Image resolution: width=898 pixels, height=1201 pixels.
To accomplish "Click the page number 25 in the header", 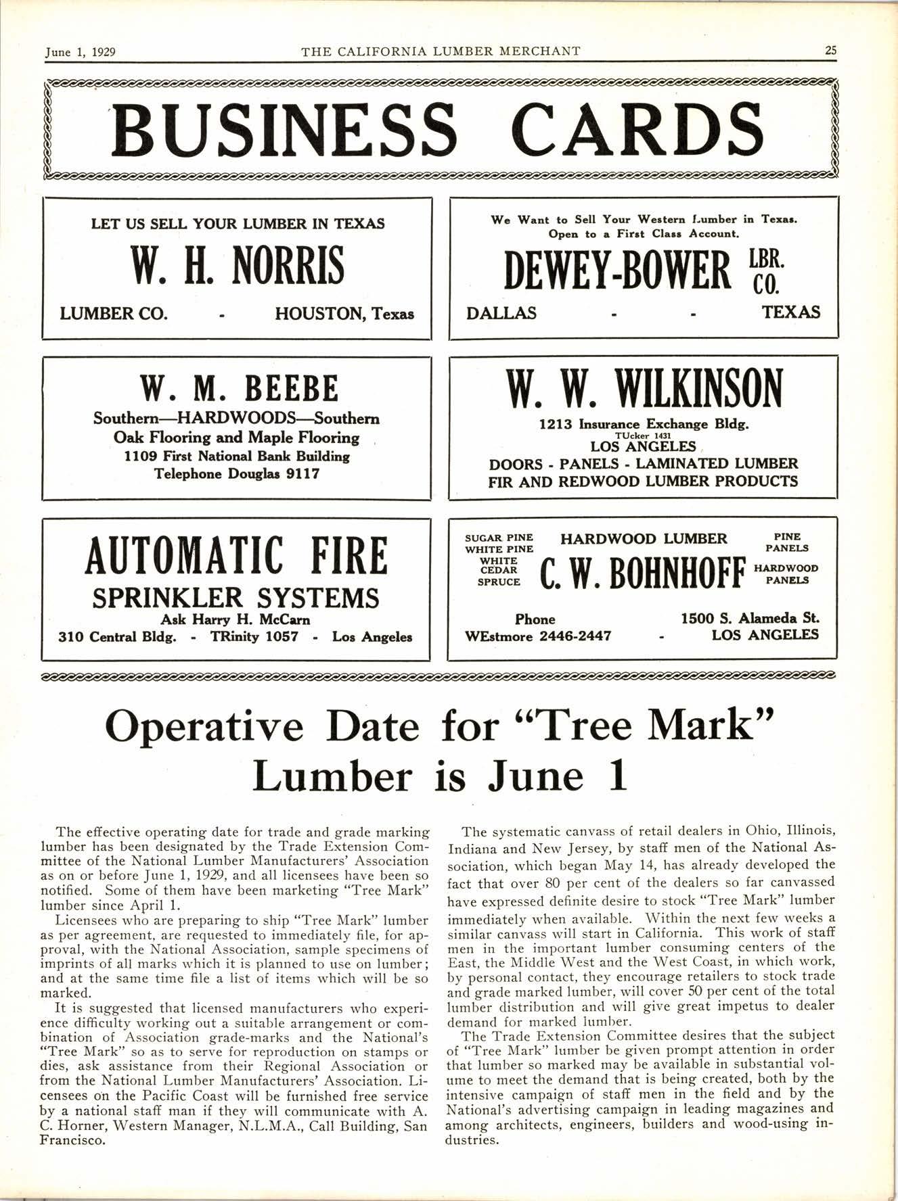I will [x=831, y=51].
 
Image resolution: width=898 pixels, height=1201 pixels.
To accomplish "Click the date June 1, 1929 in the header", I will [x=80, y=51].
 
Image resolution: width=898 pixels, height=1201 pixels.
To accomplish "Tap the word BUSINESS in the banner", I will [x=285, y=129].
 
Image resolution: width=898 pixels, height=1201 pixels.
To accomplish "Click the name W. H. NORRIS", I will [x=238, y=266].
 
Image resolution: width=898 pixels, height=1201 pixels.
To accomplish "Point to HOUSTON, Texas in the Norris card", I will [x=344, y=314].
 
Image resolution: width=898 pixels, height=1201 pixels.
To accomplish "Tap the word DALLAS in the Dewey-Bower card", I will [x=501, y=313].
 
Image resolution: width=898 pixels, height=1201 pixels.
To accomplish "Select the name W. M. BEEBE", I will [x=238, y=389].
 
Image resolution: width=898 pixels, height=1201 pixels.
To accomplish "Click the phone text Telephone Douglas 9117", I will [x=237, y=474].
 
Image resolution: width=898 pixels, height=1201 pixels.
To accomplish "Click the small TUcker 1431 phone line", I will [x=643, y=436].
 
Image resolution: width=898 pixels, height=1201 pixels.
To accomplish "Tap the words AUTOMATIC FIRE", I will [x=236, y=556].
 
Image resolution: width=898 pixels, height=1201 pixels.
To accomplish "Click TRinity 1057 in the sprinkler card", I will [x=254, y=637].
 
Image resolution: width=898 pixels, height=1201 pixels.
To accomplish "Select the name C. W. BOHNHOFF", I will [x=643, y=574].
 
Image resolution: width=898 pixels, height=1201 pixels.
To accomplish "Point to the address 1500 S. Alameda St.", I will [x=750, y=618].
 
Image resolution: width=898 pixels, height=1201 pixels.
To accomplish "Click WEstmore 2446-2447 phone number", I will [x=538, y=636].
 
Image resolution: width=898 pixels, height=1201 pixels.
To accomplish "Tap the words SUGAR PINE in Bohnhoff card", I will [x=499, y=538].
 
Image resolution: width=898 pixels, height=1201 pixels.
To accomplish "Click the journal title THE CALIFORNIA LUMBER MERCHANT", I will [x=441, y=51].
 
